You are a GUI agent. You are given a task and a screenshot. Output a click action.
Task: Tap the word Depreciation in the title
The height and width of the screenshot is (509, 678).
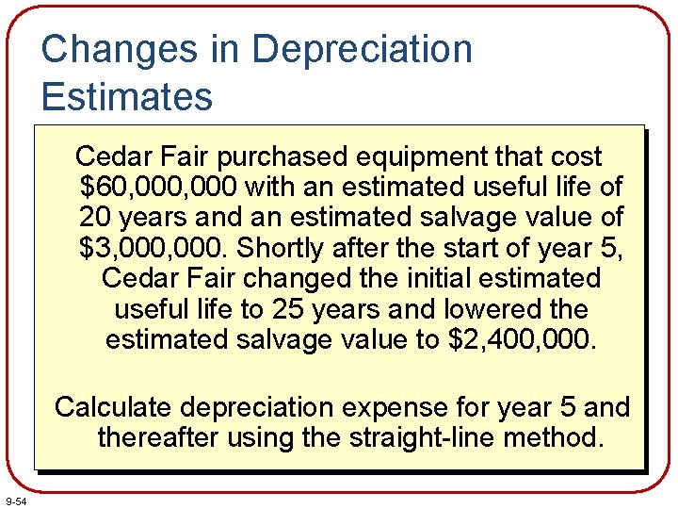coord(363,49)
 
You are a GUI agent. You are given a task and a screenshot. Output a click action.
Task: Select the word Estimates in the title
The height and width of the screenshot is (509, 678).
coord(127,96)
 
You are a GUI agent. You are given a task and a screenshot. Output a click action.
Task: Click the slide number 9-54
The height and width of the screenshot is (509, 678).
coord(16,501)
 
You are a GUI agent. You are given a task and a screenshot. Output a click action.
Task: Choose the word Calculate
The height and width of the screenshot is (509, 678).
coord(113,407)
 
